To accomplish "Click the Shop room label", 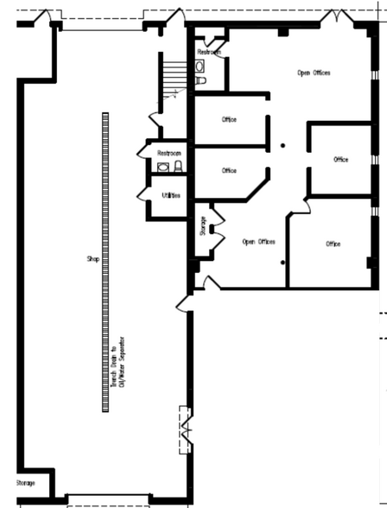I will (x=93, y=258).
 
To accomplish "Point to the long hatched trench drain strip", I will (x=105, y=259).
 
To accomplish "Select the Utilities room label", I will (x=171, y=195).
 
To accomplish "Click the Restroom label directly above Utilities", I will (x=168, y=153).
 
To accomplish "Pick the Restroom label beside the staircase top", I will (x=209, y=53).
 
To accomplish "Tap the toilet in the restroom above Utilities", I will (x=179, y=165).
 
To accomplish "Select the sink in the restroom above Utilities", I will (x=163, y=166).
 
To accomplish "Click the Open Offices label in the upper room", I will (x=314, y=73).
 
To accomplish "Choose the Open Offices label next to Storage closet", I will (x=258, y=241).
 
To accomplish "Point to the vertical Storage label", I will (x=203, y=225).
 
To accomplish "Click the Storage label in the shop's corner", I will (x=25, y=482).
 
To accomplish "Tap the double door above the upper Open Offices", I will (x=331, y=16).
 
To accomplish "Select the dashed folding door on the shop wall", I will (x=184, y=429).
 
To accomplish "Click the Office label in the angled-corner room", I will (x=229, y=170).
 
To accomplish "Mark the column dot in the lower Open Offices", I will (x=283, y=261).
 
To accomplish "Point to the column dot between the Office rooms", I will (x=282, y=146).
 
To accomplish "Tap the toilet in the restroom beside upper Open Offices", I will (x=200, y=80).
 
